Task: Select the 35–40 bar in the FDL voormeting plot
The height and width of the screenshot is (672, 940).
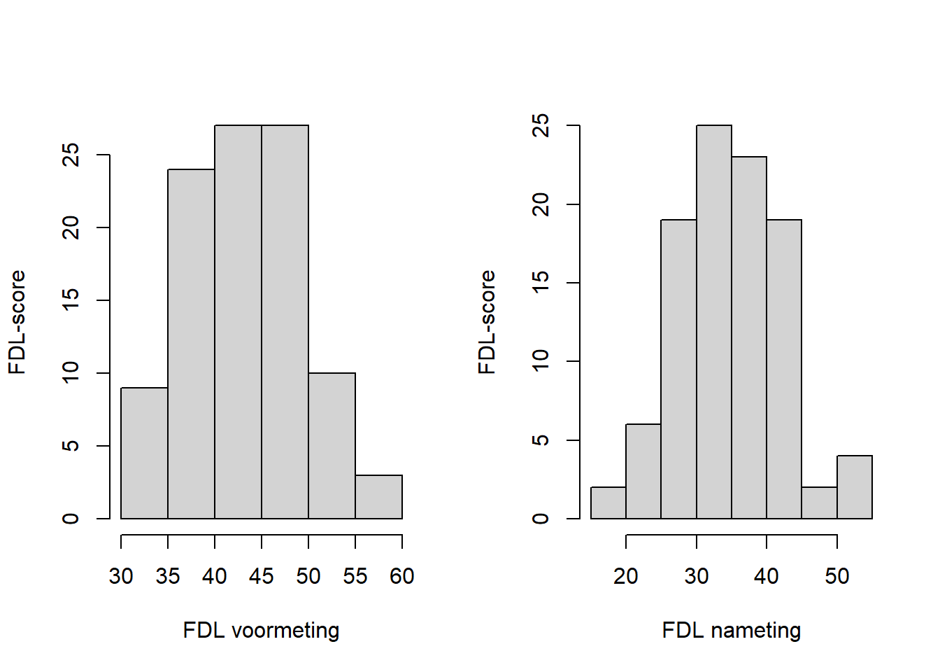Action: pos(191,344)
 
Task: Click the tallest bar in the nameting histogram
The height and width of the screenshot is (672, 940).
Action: pos(713,322)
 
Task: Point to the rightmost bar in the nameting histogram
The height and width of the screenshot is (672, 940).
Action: pos(854,487)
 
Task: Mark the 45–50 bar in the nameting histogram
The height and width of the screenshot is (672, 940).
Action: pos(819,503)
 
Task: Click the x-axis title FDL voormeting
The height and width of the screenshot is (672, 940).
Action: pos(261,630)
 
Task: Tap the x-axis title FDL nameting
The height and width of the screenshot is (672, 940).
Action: pos(731,630)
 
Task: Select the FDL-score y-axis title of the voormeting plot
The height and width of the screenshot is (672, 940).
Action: pos(17,322)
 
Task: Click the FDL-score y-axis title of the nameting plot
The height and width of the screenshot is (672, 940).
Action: pos(487,322)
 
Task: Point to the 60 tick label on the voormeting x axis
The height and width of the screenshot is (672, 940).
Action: pos(402,576)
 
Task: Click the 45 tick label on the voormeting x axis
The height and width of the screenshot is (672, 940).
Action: pos(261,576)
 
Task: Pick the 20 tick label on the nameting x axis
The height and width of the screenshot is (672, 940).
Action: pos(625,576)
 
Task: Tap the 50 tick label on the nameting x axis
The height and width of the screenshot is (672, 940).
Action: pos(836,576)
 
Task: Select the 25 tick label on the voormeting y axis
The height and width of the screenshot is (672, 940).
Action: pos(71,155)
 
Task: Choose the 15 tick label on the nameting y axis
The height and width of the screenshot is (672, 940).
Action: pos(541,283)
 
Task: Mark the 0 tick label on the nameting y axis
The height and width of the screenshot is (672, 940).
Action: pos(541,519)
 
